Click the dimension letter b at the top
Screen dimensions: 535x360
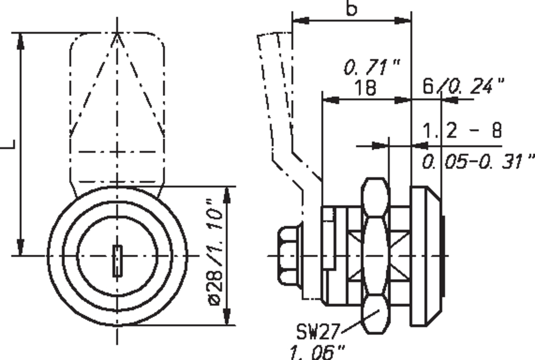tap(351, 8)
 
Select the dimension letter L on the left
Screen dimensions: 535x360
tap(8, 144)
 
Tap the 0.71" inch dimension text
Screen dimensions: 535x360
tap(372, 67)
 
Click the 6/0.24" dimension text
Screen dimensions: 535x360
tap(463, 86)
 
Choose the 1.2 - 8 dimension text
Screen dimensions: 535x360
tap(462, 130)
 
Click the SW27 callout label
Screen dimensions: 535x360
tap(318, 331)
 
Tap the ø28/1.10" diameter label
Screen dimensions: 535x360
tap(216, 252)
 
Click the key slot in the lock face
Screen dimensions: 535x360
tap(117, 261)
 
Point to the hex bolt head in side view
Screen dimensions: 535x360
tap(290, 255)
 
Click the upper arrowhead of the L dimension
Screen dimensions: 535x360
tap(20, 42)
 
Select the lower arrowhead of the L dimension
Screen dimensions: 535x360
tap(20, 247)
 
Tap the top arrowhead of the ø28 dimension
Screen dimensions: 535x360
tap(227, 196)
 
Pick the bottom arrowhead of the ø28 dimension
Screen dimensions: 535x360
tap(227, 316)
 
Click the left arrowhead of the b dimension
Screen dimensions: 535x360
tap(301, 20)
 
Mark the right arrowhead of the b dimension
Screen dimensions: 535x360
tap(403, 20)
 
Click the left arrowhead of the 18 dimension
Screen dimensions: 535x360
tap(331, 100)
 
